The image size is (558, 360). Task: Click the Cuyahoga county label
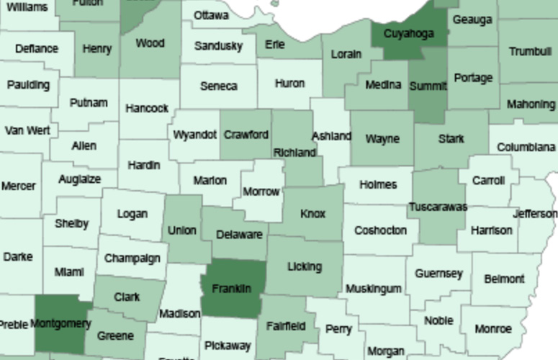tap(408, 34)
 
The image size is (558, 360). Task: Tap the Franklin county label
tap(232, 289)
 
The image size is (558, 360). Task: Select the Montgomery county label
tap(61, 323)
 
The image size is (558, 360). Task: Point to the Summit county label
tap(428, 86)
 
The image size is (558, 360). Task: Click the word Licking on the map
tap(304, 266)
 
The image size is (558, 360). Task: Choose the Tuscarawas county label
tap(438, 207)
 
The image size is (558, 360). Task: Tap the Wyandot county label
tap(194, 135)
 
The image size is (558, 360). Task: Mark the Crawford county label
tap(246, 135)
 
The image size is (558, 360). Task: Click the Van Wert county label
tap(27, 130)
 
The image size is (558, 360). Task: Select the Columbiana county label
tap(526, 147)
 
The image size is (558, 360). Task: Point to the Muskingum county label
tap(373, 289)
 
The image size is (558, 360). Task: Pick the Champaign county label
tap(132, 258)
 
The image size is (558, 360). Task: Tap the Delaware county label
tap(239, 235)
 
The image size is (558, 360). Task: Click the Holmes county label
tap(377, 184)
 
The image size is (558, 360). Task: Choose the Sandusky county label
tap(218, 47)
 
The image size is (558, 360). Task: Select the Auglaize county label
tap(79, 179)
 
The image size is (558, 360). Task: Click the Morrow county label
tap(261, 192)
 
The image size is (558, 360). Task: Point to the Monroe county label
tap(493, 329)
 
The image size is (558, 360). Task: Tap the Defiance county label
tap(37, 48)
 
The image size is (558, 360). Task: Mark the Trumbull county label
tap(530, 51)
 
